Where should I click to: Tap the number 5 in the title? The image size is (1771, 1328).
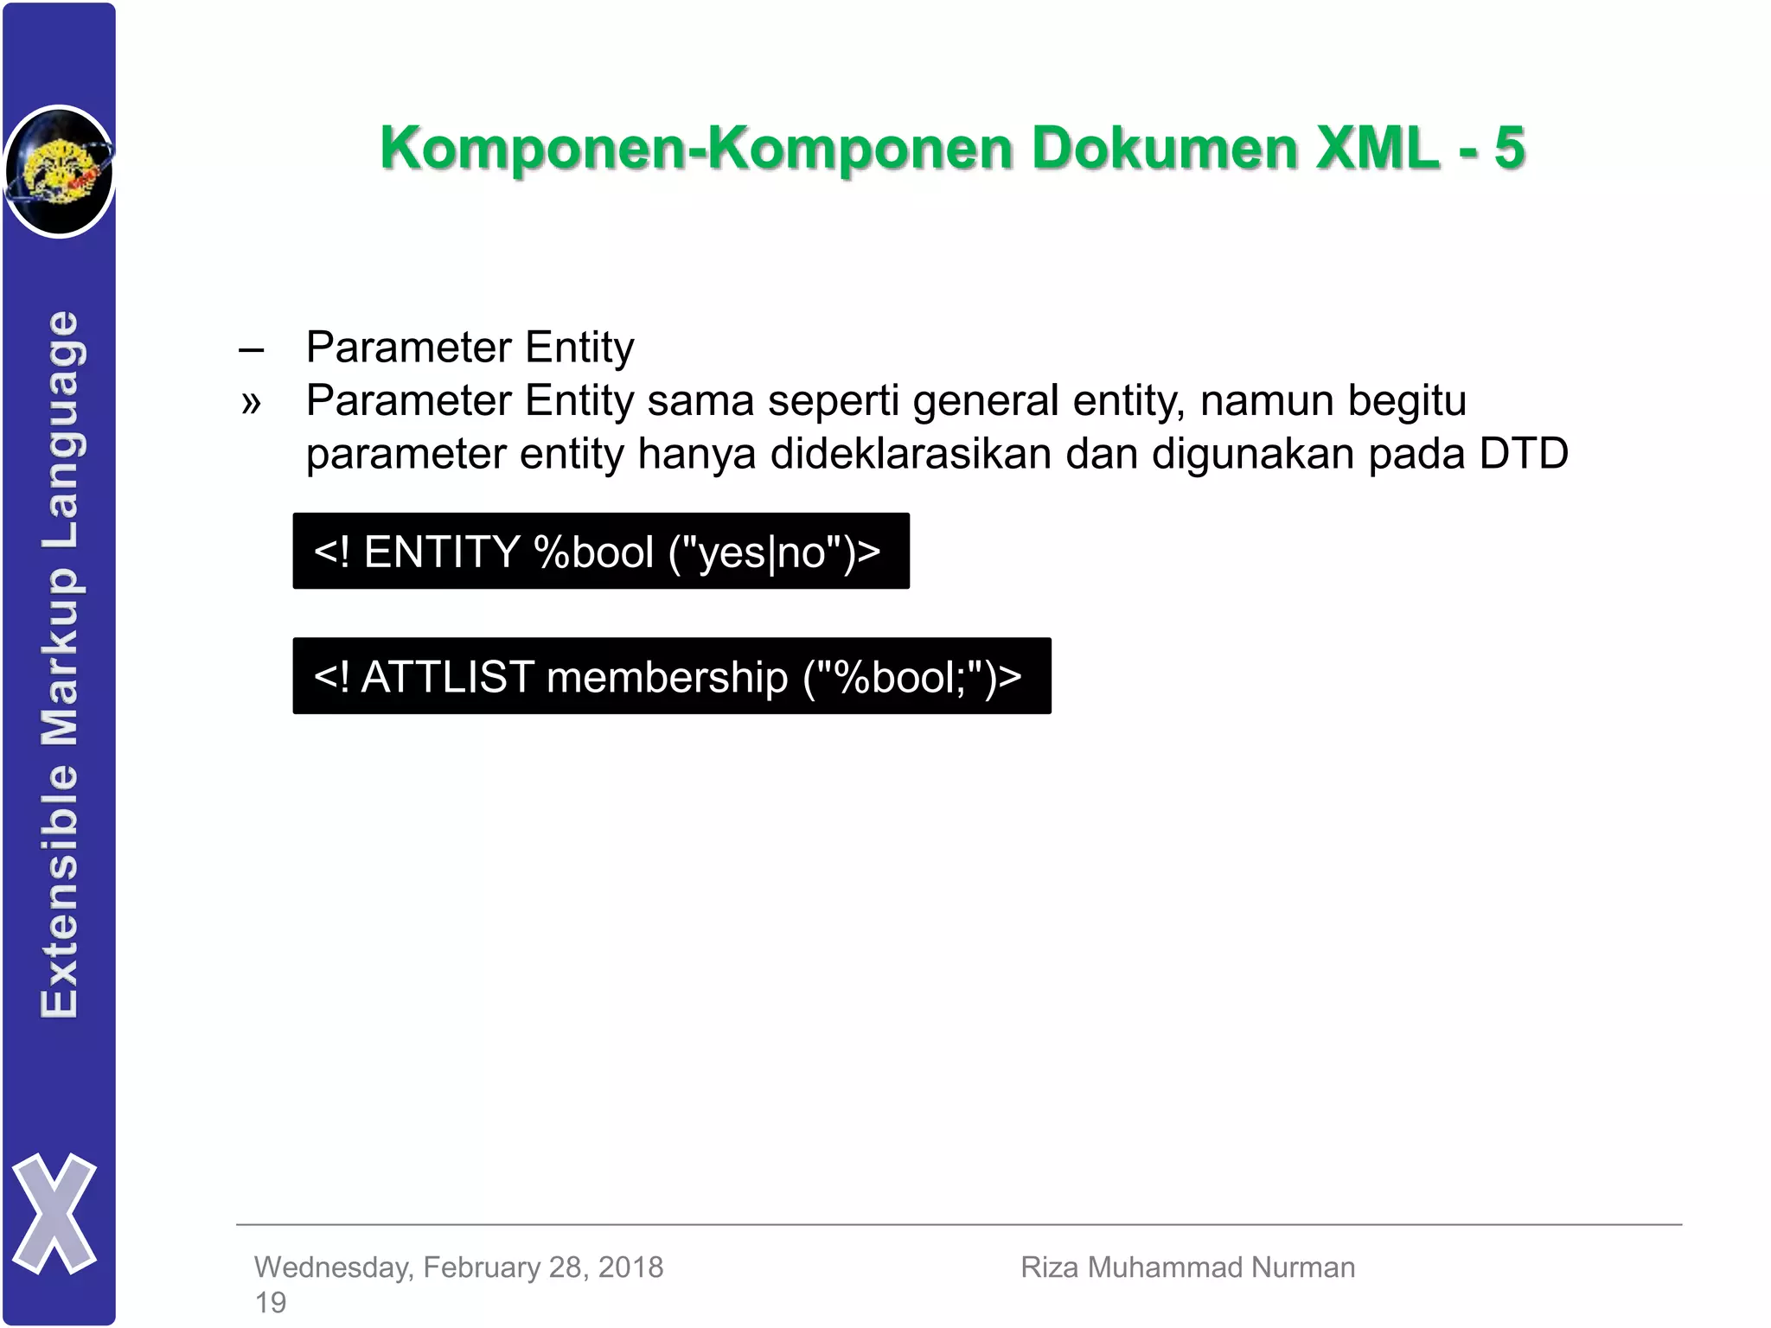tap(1509, 148)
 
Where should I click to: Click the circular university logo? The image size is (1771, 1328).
tap(59, 171)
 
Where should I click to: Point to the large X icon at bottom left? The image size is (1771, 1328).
tap(54, 1213)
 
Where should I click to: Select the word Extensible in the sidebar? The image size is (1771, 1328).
tap(61, 891)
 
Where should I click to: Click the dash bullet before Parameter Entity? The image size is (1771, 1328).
tap(251, 350)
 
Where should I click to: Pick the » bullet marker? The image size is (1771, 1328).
tap(251, 403)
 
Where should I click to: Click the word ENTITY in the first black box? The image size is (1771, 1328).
tap(442, 552)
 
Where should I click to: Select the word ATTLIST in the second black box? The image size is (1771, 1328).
tap(448, 676)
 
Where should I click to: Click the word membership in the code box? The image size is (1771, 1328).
tap(667, 676)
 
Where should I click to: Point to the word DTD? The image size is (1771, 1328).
tap(1524, 454)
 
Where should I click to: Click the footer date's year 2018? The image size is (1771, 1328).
tap(630, 1267)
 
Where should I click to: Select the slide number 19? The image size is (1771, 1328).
tap(271, 1302)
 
